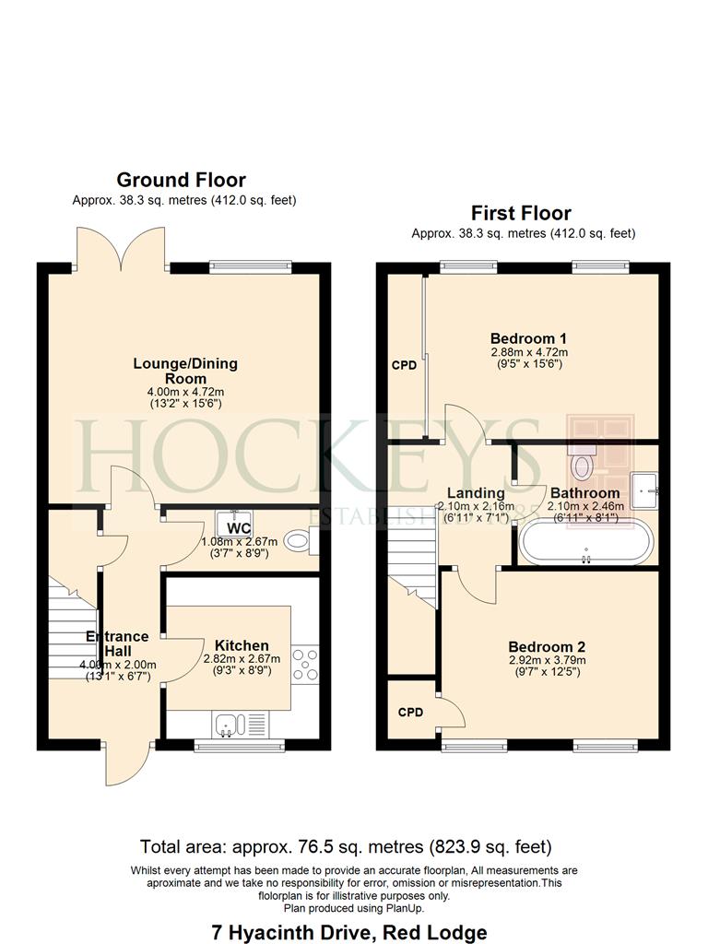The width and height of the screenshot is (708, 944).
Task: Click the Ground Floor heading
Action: [x=182, y=180]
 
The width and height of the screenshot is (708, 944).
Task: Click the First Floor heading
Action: [x=521, y=213]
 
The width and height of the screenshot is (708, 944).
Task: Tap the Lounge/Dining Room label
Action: [x=185, y=371]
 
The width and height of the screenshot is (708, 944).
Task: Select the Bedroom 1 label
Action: [x=528, y=338]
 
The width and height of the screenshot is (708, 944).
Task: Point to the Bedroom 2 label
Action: [x=547, y=647]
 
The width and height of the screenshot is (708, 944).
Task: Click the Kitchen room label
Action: [x=242, y=645]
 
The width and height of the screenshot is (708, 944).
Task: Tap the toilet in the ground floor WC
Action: [x=301, y=540]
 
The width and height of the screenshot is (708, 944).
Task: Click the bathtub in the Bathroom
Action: [x=585, y=542]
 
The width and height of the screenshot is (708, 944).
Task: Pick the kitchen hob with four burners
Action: [x=305, y=665]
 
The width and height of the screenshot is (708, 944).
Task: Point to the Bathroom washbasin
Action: [x=644, y=491]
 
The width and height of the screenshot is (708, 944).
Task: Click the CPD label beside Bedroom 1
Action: [x=404, y=365]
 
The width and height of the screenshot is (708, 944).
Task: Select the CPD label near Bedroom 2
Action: [x=410, y=713]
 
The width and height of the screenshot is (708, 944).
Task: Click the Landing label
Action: [x=476, y=494]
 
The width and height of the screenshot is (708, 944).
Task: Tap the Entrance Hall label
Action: [x=117, y=643]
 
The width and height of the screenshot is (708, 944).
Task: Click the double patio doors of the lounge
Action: [x=121, y=248]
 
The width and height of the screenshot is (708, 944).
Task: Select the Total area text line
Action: [x=346, y=847]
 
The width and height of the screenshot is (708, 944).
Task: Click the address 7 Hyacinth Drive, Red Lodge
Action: [x=349, y=933]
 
